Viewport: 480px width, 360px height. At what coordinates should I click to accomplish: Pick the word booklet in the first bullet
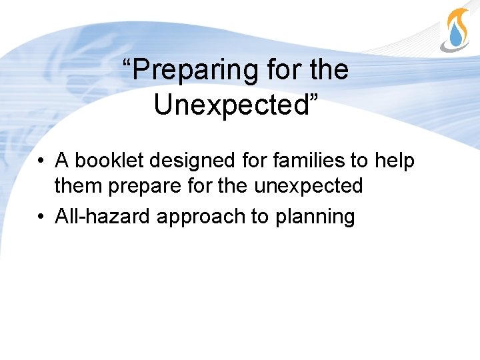(105, 161)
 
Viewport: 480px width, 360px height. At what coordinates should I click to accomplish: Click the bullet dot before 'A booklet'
(41, 162)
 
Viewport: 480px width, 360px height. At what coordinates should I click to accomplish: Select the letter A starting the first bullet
(62, 161)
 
